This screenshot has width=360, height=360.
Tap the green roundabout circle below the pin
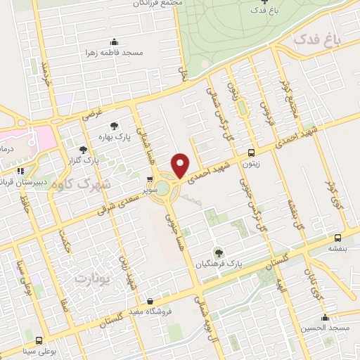click(x=162, y=188)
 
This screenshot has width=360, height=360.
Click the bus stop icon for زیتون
click(x=251, y=152)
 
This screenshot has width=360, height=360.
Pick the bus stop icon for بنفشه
click(x=338, y=238)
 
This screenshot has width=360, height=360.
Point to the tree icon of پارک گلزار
click(x=84, y=149)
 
